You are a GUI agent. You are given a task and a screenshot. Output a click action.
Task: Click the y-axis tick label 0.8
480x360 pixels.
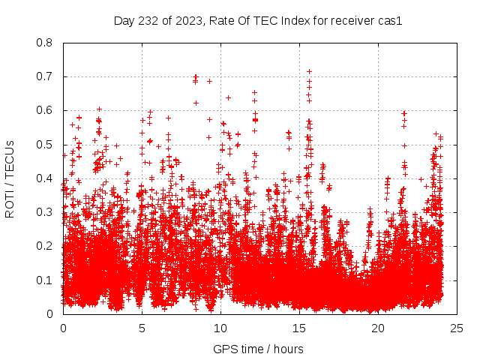tap(46, 43)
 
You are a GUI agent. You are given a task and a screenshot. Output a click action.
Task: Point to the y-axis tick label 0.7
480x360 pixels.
tap(46, 76)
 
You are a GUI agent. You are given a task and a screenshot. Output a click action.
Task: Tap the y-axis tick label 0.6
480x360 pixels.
tap(46, 110)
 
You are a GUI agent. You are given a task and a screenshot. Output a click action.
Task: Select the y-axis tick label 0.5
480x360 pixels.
tap(46, 145)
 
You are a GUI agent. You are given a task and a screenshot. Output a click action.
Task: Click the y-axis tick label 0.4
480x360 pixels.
tap(46, 178)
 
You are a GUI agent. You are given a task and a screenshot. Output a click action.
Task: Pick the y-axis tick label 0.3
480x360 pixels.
tap(46, 212)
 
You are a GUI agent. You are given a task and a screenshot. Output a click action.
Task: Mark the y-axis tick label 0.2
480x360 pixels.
tap(46, 246)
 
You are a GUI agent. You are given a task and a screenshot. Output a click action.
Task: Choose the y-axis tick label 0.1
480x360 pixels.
tap(46, 280)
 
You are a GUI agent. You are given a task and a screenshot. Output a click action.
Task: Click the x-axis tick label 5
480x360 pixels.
tap(142, 328)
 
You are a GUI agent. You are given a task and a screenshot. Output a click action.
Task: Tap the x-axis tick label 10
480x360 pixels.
tap(220, 328)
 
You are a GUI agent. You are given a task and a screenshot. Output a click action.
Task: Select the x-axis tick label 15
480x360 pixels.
tap(299, 328)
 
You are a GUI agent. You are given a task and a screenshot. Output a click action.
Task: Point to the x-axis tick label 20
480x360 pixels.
tap(378, 328)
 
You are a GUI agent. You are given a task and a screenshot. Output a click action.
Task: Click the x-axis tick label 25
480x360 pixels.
tap(457, 328)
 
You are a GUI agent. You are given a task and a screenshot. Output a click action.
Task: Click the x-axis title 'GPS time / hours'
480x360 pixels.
tap(258, 349)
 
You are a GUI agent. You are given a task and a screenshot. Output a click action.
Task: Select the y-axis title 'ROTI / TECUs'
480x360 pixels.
tap(10, 178)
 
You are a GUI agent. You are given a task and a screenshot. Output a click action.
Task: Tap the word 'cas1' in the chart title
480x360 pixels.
tap(390, 21)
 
